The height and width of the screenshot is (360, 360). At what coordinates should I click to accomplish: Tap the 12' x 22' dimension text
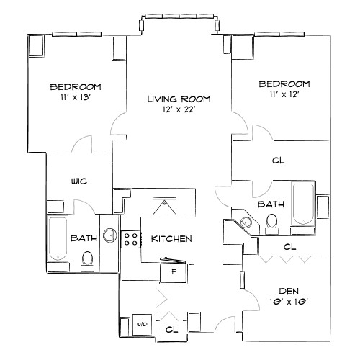click(179, 110)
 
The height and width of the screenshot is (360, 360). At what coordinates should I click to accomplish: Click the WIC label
click(78, 181)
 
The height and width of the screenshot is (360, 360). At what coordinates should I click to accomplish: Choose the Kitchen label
click(171, 239)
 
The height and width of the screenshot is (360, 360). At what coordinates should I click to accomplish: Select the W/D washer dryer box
click(142, 325)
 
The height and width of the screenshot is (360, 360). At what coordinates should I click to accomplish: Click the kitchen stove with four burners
click(131, 240)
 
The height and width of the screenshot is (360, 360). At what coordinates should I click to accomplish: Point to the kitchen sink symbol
click(167, 206)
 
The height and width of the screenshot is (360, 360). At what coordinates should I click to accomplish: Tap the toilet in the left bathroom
click(89, 258)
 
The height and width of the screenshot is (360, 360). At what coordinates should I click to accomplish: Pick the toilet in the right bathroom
click(272, 222)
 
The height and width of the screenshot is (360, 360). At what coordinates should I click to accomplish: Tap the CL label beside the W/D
click(171, 329)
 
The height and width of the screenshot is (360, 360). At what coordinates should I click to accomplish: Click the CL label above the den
click(289, 246)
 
